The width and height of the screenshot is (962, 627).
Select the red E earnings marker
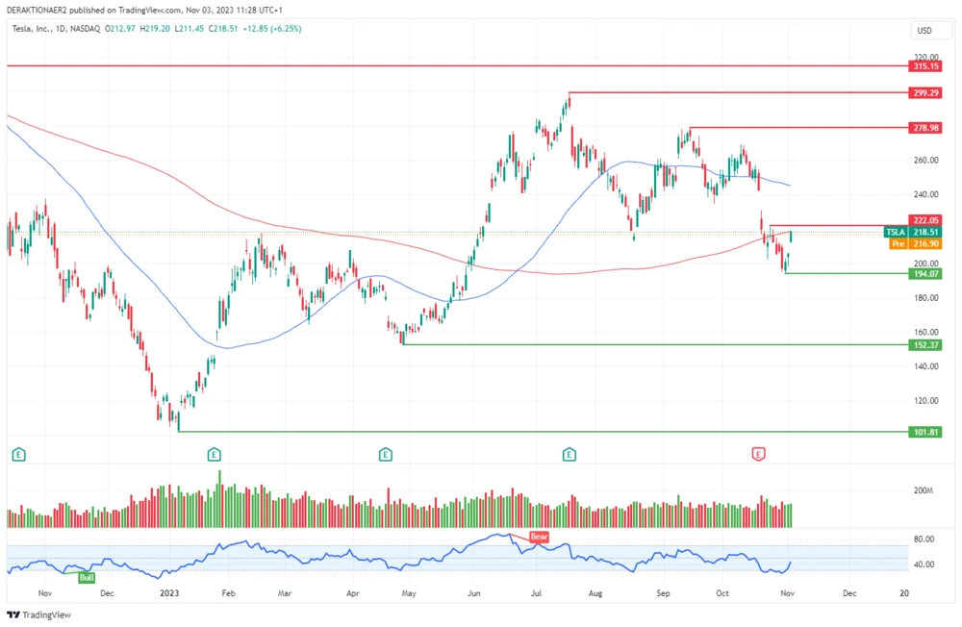(x=758, y=453)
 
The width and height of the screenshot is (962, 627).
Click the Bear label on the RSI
(x=538, y=537)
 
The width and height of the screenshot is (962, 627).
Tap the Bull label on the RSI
(x=87, y=577)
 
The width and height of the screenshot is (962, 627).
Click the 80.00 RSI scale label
(x=923, y=539)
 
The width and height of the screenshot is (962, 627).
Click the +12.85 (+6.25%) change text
(x=273, y=29)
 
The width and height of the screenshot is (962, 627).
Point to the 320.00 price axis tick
(x=923, y=57)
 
